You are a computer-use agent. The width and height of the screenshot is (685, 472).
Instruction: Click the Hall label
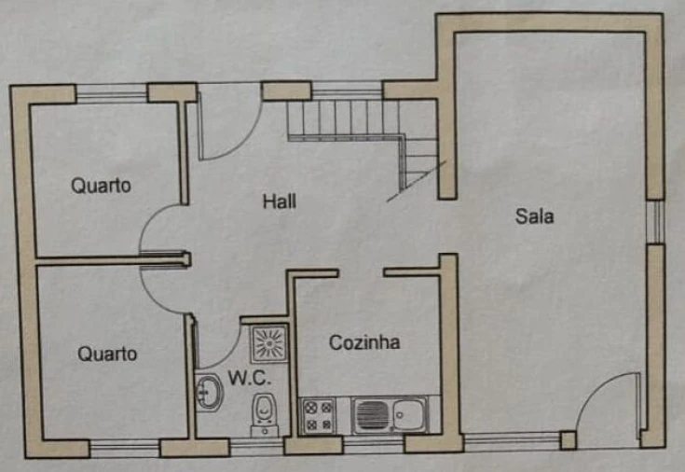click(280, 201)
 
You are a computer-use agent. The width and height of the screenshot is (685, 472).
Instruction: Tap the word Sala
click(535, 216)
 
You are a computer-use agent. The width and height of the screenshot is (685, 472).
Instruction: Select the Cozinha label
click(364, 343)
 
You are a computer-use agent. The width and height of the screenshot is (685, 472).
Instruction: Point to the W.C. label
click(249, 380)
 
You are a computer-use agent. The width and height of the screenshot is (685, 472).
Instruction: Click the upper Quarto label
click(102, 185)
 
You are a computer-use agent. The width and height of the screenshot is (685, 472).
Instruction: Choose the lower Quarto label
click(107, 354)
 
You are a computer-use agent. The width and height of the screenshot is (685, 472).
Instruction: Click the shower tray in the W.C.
click(269, 343)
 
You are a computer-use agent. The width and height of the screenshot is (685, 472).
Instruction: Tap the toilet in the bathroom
click(264, 411)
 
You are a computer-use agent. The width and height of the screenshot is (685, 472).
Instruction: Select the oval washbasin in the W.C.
click(208, 393)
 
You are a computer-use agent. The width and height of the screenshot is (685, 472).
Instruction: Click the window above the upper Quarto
click(112, 93)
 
